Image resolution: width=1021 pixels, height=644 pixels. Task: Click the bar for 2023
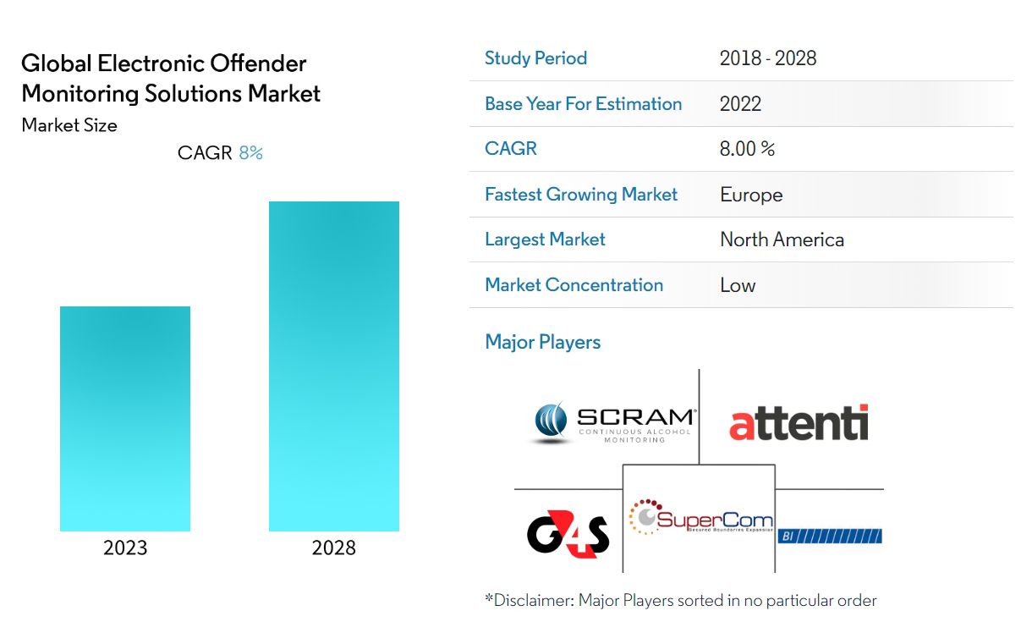click(125, 418)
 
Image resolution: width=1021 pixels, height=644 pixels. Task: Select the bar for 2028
click(334, 366)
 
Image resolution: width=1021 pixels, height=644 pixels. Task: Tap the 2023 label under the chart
click(125, 548)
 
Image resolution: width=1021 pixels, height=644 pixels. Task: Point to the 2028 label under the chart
click(334, 548)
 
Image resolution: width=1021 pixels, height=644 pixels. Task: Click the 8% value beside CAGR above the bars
click(250, 153)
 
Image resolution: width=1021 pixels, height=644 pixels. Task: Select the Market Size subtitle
click(69, 125)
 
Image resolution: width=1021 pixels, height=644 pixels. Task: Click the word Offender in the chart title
click(259, 63)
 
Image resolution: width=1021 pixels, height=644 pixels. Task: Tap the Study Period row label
click(535, 58)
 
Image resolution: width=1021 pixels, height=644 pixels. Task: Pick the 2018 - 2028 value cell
click(768, 58)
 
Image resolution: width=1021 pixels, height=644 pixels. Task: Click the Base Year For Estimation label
click(583, 104)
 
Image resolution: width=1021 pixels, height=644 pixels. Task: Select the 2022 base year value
click(740, 104)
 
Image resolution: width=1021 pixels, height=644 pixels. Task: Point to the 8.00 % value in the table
click(747, 149)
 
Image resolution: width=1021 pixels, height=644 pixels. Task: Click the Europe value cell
click(751, 195)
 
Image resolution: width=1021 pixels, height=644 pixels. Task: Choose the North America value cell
click(782, 239)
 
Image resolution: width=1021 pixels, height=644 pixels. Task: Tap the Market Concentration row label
click(574, 285)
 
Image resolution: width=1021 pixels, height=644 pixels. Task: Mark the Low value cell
click(738, 285)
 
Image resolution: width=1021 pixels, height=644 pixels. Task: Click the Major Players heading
click(542, 342)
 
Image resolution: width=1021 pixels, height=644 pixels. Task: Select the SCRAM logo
click(612, 423)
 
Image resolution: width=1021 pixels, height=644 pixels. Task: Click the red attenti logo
click(799, 423)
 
